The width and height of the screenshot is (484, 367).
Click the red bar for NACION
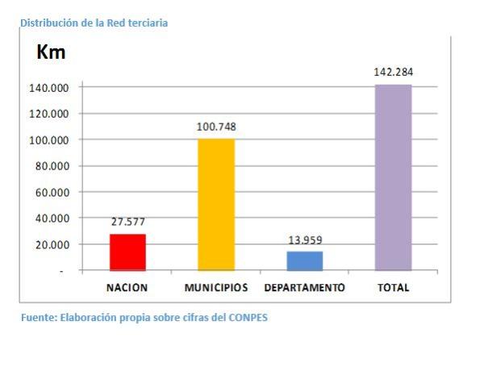coord(127,252)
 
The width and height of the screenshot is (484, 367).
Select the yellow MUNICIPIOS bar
coord(216,205)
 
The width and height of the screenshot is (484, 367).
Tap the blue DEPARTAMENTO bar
coord(304,261)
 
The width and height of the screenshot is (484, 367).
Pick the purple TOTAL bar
coord(393,177)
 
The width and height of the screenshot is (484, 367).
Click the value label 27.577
coord(127,221)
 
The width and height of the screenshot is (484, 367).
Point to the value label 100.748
coord(216,127)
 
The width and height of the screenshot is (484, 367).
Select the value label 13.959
coord(304,240)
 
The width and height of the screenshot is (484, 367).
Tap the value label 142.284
coord(393,72)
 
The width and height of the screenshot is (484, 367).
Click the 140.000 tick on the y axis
coord(49,87)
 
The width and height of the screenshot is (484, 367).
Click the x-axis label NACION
coord(127,288)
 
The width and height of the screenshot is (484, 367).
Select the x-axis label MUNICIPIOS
coord(216,288)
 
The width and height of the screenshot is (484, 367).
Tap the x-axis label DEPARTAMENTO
coord(304,288)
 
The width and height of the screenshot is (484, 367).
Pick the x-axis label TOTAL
coord(393,288)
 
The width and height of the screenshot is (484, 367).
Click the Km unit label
coord(51,53)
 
